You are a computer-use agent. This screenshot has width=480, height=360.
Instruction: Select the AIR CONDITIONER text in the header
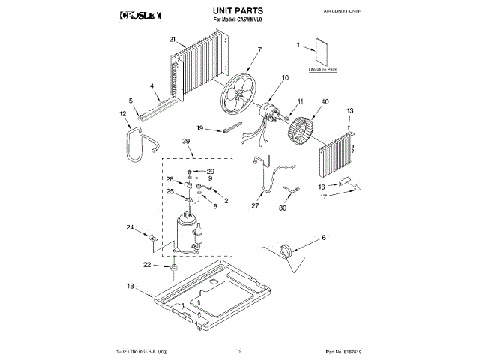(x=346, y=13)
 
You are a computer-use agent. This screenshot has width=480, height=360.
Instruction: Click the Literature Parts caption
(x=322, y=69)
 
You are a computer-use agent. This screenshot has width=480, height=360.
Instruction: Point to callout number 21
(x=172, y=39)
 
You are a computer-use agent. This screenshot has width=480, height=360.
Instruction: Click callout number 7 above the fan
(x=259, y=50)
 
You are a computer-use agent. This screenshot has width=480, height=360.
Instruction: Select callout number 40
(x=325, y=101)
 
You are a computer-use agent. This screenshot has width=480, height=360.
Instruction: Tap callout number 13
(x=349, y=110)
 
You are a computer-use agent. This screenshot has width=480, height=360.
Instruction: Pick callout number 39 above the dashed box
(x=185, y=142)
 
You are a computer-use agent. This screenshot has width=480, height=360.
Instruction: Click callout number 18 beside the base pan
(x=129, y=286)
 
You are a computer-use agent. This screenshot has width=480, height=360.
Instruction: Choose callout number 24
(x=129, y=227)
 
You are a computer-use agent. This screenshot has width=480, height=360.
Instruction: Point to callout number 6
(x=324, y=238)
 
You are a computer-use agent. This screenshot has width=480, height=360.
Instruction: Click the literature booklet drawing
(x=324, y=51)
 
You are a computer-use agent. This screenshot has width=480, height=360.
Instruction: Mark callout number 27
(x=255, y=205)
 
